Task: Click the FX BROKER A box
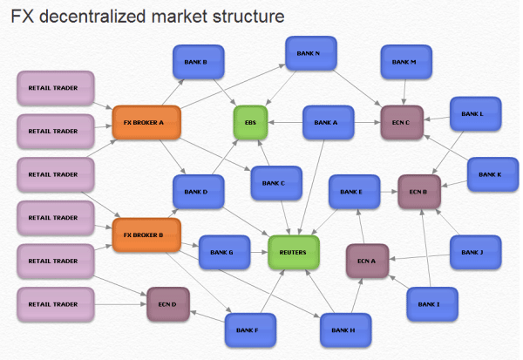coord(145,122)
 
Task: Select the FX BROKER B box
coord(145,234)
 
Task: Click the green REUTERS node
coord(293,251)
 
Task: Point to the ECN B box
coord(419,192)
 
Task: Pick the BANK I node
coord(431,304)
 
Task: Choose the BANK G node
coord(224,252)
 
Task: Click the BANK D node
coord(197,192)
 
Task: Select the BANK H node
coord(345,329)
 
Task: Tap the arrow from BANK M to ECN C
coord(403,92)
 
